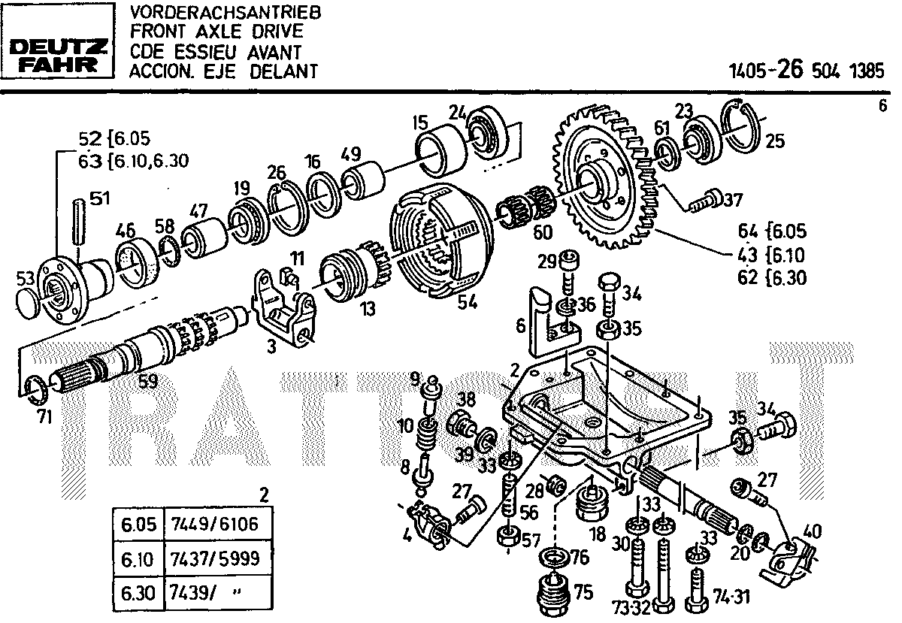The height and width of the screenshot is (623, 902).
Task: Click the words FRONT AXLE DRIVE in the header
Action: tap(216, 32)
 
